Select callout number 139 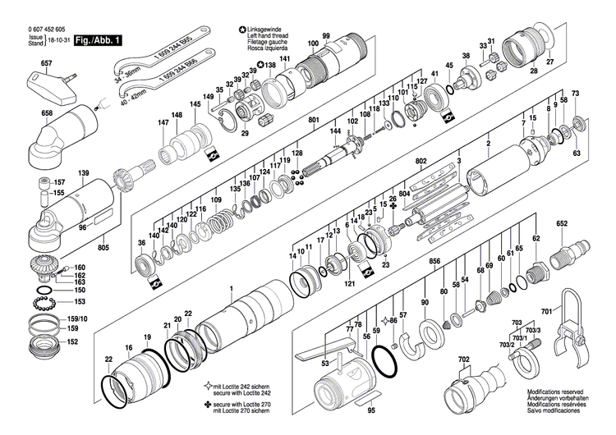coord(83,173)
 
